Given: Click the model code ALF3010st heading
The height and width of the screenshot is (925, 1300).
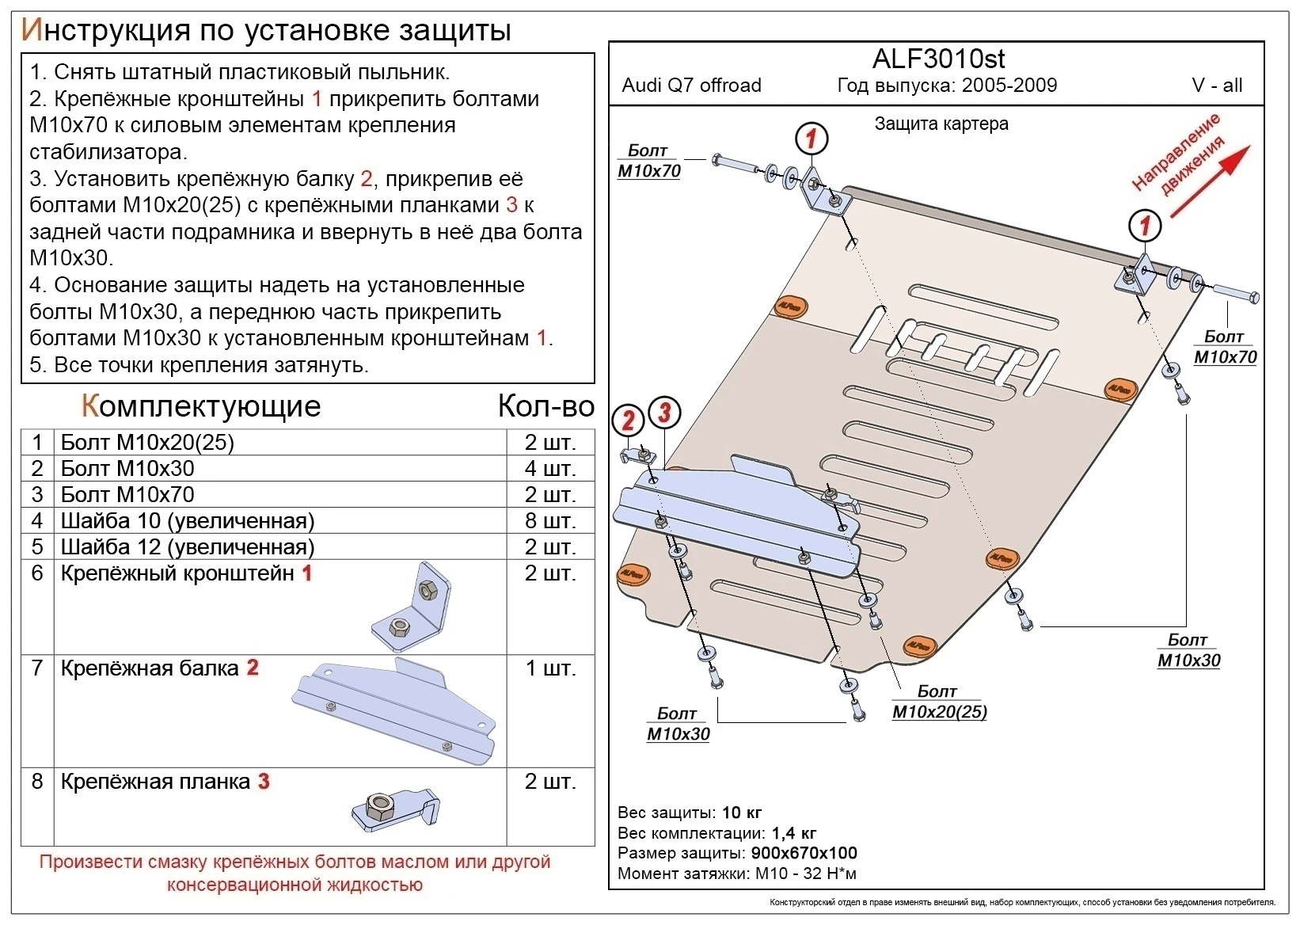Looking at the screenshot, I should click(938, 59).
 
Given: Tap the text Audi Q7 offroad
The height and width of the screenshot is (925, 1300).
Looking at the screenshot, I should click(691, 86).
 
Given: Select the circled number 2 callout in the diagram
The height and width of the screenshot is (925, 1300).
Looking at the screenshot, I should click(629, 420).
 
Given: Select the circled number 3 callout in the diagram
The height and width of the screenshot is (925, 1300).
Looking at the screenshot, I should click(664, 413).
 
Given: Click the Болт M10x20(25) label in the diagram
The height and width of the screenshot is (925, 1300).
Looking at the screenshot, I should click(939, 702).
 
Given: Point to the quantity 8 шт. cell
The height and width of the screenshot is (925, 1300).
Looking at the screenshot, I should click(550, 521).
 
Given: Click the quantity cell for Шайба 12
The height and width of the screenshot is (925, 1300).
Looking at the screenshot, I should click(550, 547).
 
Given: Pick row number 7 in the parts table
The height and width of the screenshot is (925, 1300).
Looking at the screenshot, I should click(37, 668).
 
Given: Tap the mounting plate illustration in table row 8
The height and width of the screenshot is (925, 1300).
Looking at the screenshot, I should click(395, 809).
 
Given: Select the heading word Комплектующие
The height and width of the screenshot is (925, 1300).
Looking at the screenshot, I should click(201, 406).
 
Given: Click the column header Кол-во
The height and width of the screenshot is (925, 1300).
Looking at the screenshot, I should click(545, 406).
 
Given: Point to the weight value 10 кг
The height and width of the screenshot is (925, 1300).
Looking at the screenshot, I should click(742, 813).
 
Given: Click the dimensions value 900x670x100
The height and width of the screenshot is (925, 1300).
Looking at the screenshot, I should click(804, 853).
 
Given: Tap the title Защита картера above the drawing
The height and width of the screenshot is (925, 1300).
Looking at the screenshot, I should click(941, 124).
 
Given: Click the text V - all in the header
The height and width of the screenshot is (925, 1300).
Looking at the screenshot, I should click(1217, 86).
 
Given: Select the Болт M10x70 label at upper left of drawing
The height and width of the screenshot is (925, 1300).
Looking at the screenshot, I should click(648, 161).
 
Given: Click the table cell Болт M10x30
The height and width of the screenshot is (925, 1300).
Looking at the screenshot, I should click(127, 469).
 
